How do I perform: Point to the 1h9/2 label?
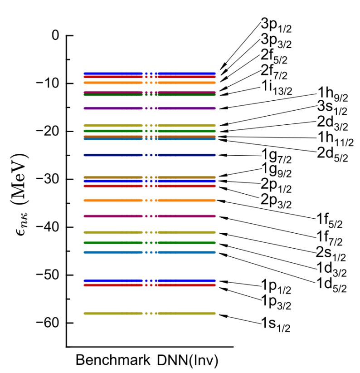pos(332,97)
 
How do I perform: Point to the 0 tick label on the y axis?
pos(56,35)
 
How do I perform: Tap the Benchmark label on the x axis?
pos(113,360)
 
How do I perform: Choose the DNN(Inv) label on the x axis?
pos(188,360)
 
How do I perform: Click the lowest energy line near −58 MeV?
pos(113,314)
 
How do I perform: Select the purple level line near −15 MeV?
pos(113,108)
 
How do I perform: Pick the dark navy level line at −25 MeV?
pos(113,155)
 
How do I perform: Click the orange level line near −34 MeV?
pos(113,201)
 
